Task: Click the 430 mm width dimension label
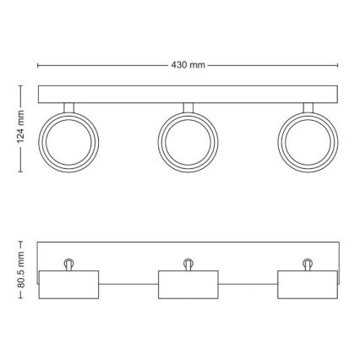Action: tap(188, 64)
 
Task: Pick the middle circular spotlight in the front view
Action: tap(188, 138)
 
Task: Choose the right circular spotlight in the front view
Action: tap(307, 138)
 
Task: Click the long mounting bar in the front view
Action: tap(188, 94)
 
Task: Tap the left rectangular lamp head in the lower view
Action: tap(69, 285)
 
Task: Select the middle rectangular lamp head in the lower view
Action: tap(188, 285)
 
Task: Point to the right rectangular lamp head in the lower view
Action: tap(307, 285)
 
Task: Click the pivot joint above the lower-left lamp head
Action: tap(69, 263)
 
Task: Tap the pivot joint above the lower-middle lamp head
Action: tap(188, 263)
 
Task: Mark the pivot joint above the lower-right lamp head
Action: tap(307, 263)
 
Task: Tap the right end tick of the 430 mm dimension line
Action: tap(338, 64)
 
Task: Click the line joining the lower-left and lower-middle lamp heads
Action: tap(128, 285)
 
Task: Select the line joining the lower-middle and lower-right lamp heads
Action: tap(247, 285)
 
